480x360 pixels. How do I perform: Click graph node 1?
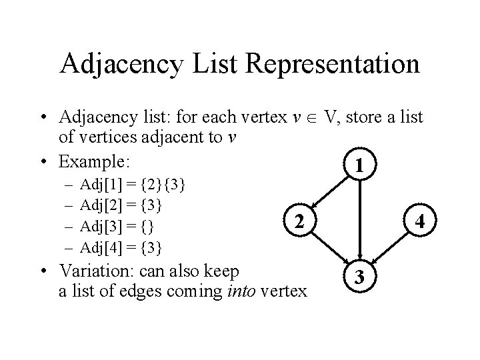pyautogui.click(x=360, y=164)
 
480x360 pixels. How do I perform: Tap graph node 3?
pyautogui.click(x=360, y=276)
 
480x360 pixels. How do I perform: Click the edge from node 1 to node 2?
pyautogui.click(x=331, y=192)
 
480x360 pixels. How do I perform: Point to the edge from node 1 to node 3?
pyautogui.click(x=360, y=220)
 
